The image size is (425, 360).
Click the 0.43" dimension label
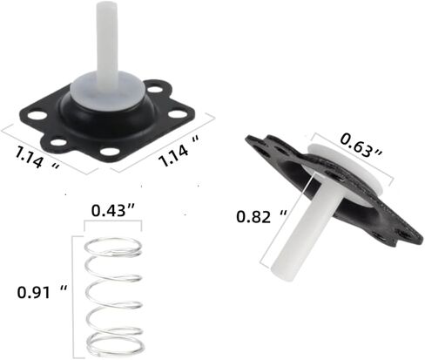[113, 211]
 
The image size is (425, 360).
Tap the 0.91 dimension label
[42, 292]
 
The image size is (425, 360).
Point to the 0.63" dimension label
[361, 145]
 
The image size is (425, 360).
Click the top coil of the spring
[113, 248]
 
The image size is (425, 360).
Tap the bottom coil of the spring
[115, 344]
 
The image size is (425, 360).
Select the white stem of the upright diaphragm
[107, 41]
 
